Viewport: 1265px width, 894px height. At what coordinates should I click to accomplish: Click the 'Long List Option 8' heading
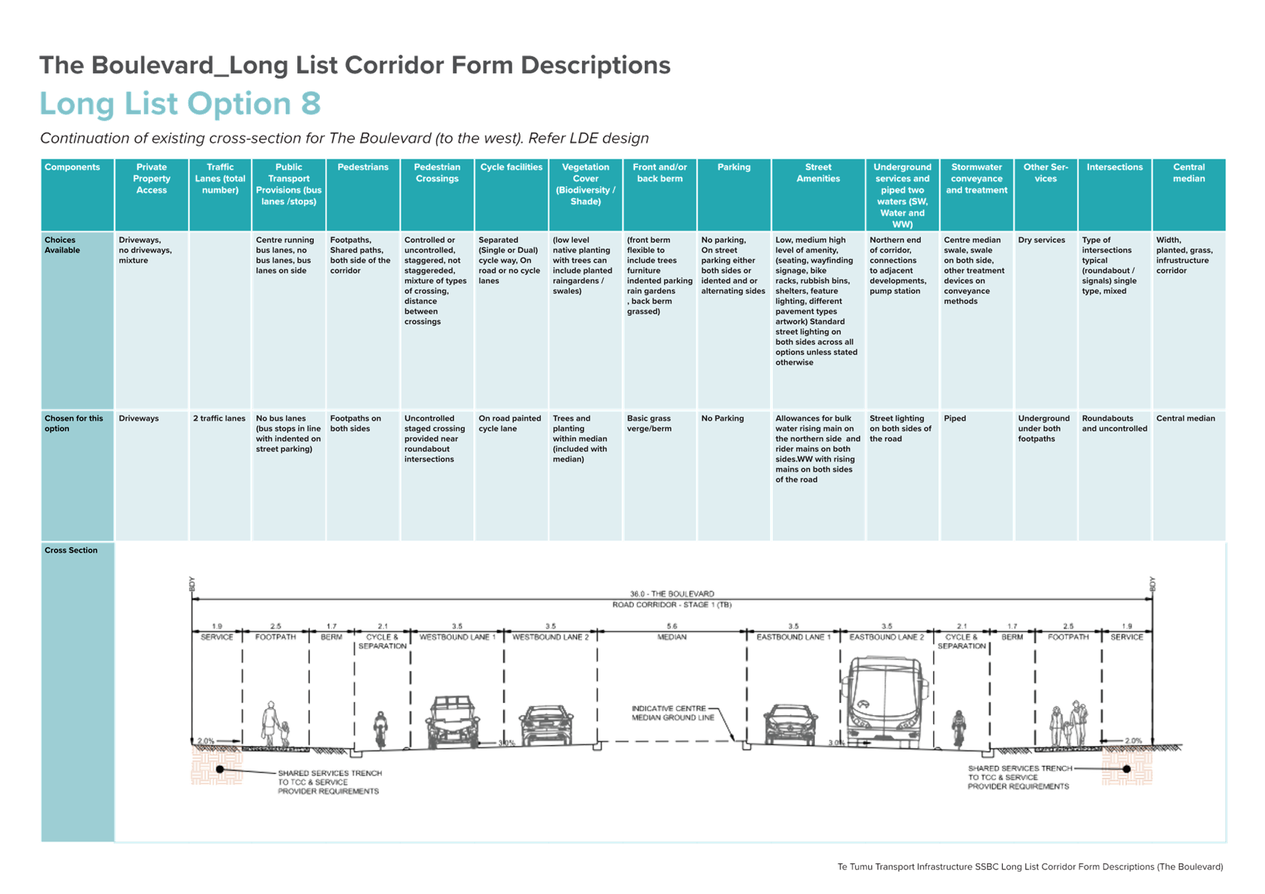pyautogui.click(x=181, y=103)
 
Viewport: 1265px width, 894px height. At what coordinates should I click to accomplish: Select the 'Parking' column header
pyautogui.click(x=733, y=167)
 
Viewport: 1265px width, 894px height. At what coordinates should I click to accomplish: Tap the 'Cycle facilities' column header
pyautogui.click(x=511, y=167)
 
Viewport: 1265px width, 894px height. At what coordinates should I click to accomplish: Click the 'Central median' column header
pyautogui.click(x=1189, y=173)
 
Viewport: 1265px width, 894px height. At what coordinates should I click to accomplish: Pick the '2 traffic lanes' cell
pyautogui.click(x=219, y=419)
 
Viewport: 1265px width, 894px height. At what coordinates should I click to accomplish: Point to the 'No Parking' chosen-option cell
pyautogui.click(x=722, y=419)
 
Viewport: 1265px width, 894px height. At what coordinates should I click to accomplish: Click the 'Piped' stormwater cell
pyautogui.click(x=955, y=419)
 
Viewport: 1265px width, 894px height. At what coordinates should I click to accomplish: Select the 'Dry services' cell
pyautogui.click(x=1041, y=240)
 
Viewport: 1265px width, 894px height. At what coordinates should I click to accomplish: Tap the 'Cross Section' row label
pyautogui.click(x=70, y=550)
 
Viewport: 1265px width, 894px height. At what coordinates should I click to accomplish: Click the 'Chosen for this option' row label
pyautogui.click(x=73, y=423)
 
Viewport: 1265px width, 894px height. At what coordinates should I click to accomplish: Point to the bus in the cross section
pyautogui.click(x=885, y=702)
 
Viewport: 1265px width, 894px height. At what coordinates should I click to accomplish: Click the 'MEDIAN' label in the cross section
pyautogui.click(x=672, y=637)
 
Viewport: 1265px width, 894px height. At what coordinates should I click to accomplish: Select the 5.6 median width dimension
pyautogui.click(x=672, y=627)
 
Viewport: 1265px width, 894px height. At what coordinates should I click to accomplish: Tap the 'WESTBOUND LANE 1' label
pyautogui.click(x=457, y=637)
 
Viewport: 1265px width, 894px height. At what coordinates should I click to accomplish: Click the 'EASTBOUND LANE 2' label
pyautogui.click(x=887, y=637)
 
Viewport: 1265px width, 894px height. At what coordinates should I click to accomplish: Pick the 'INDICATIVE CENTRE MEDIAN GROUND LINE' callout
pyautogui.click(x=673, y=713)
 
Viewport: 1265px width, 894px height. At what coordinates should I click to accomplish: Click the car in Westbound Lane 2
pyautogui.click(x=546, y=726)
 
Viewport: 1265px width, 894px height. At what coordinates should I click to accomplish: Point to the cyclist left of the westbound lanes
pyautogui.click(x=380, y=729)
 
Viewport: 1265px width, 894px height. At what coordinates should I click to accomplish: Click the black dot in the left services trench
pyautogui.click(x=220, y=769)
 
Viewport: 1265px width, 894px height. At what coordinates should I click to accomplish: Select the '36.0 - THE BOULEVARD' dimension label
pyautogui.click(x=672, y=594)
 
